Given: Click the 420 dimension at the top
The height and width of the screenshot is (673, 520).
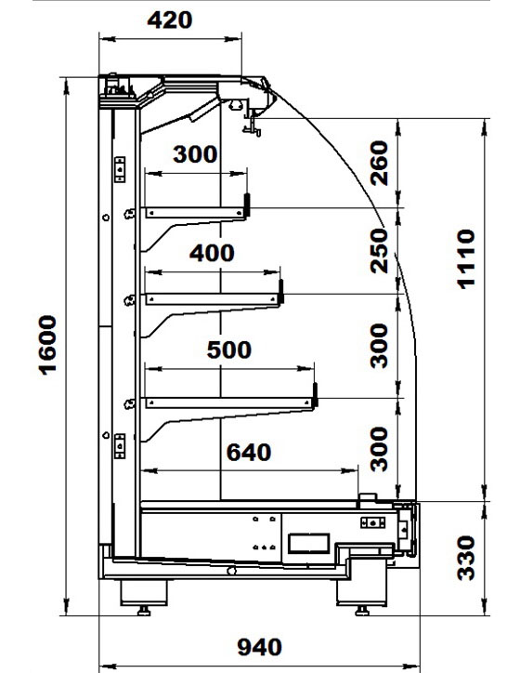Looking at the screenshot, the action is (170, 20).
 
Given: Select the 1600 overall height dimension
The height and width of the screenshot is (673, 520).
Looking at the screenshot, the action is (47, 345).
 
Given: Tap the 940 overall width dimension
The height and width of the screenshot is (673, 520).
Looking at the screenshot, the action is (260, 647).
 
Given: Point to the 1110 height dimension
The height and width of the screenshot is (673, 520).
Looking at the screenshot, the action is (466, 259).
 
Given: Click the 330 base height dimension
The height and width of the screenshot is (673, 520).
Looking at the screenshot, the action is (466, 558).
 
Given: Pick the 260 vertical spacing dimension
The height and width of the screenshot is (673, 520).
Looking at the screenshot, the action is (379, 163).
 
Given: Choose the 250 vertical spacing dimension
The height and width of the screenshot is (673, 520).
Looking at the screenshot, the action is (379, 251).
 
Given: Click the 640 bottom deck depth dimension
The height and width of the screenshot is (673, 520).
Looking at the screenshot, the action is (249, 453).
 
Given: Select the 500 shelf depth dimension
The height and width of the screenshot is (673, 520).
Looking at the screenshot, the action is (229, 350).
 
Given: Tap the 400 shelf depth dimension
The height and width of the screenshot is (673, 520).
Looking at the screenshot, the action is (212, 253).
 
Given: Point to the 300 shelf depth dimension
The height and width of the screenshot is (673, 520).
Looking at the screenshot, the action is (195, 154).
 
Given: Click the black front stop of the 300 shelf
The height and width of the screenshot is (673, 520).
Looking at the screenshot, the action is (247, 205).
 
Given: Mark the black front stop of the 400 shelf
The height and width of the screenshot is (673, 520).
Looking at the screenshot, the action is (281, 291).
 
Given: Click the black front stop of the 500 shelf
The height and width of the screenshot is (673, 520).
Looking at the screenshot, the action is (315, 395).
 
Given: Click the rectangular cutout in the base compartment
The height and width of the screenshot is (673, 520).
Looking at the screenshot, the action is (308, 544).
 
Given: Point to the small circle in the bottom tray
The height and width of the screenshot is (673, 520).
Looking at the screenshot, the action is (231, 571).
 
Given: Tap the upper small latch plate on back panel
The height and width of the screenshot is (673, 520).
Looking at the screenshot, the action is (120, 169).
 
